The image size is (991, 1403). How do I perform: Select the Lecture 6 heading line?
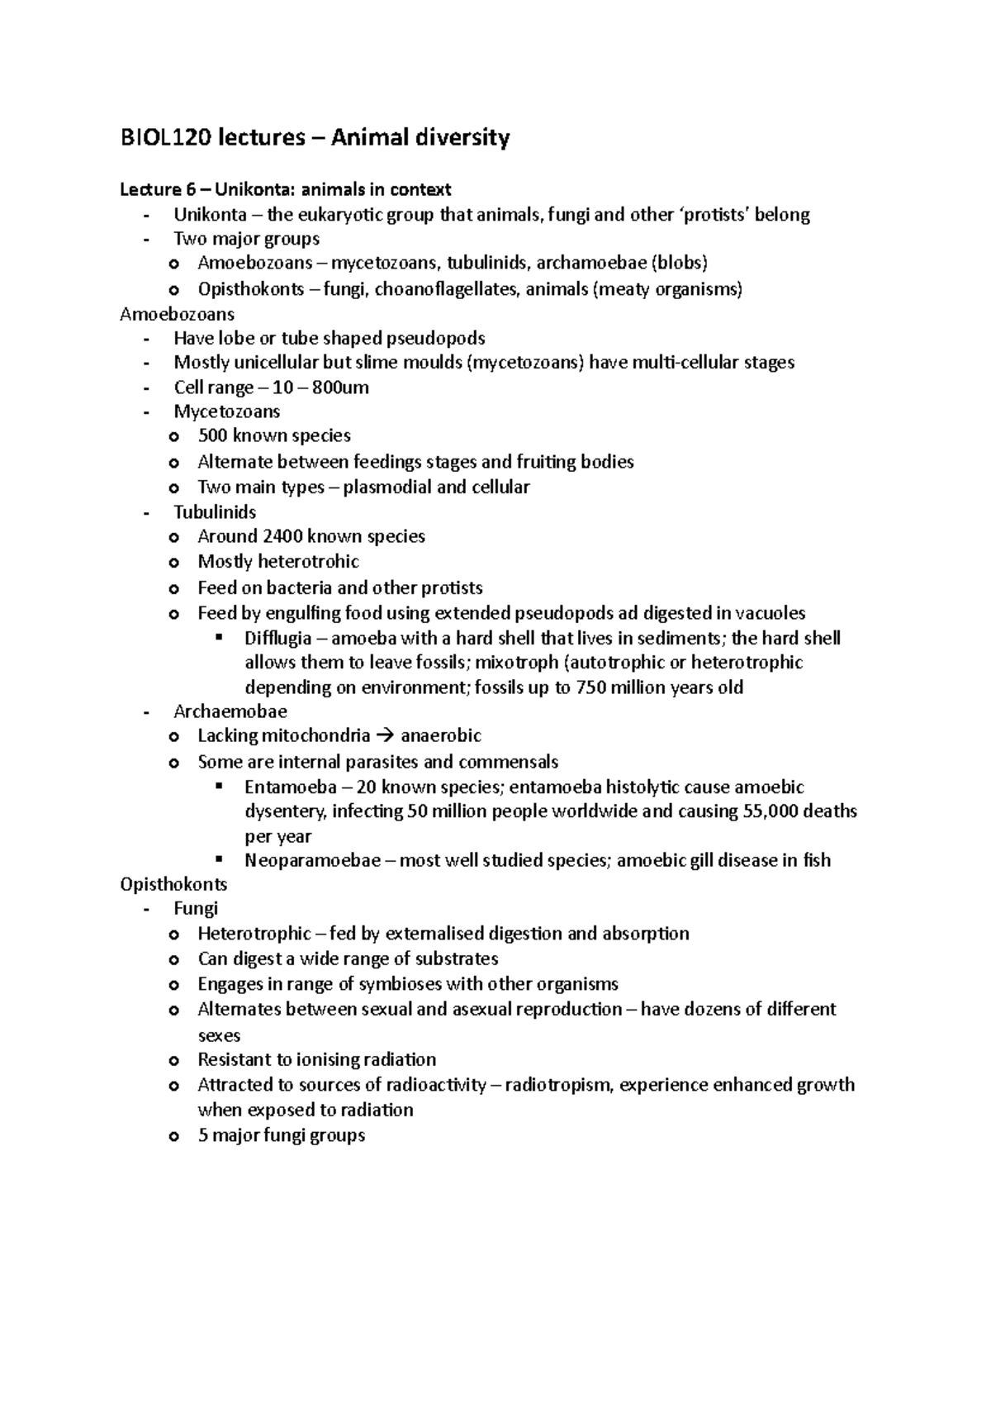286,190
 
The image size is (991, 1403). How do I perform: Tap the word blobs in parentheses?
680,264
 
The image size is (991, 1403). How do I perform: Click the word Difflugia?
277,638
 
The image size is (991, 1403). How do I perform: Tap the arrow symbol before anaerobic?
385,735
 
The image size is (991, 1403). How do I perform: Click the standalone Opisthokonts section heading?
173,884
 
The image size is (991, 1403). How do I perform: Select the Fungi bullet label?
196,909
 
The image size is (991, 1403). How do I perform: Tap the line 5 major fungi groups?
281,1135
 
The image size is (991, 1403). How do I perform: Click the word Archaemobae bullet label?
230,711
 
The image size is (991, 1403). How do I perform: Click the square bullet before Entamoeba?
220,786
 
